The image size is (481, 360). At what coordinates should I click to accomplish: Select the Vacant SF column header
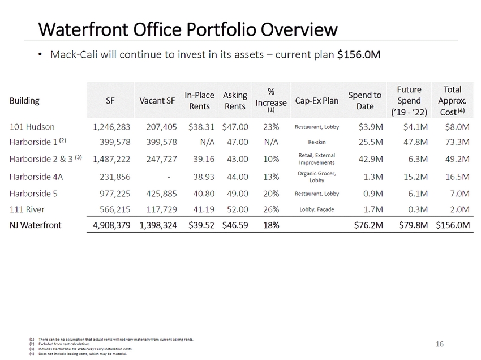tap(157, 101)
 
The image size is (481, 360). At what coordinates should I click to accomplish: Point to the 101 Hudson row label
tap(32, 126)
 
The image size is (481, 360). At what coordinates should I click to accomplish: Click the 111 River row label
tap(27, 209)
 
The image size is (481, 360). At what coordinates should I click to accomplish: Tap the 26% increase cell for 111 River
tap(271, 209)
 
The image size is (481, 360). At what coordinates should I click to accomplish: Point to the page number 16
tap(440, 344)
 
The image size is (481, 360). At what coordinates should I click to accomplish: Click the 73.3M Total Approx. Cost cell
tap(457, 141)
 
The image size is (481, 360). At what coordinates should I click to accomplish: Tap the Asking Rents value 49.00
tap(235, 193)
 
